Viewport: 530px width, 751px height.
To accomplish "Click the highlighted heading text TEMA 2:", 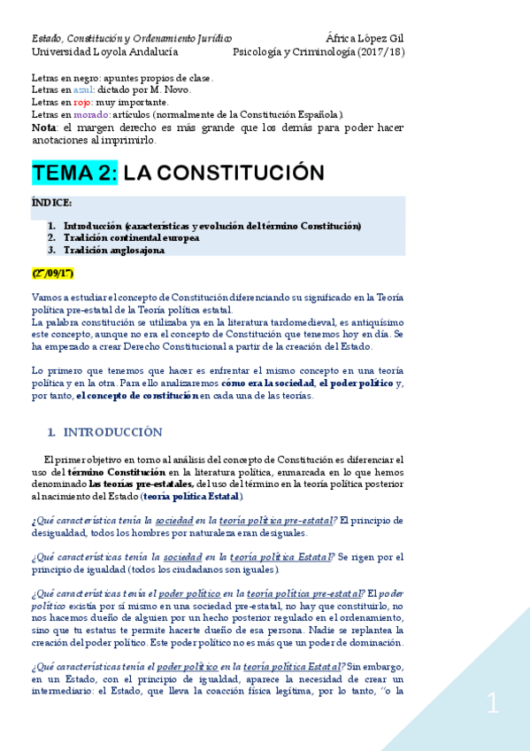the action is coord(74,173).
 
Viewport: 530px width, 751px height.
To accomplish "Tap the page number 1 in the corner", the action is coord(493,704).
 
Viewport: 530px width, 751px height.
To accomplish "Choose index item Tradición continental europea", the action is coord(131,237).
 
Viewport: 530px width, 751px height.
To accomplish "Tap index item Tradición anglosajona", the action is coord(113,250).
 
